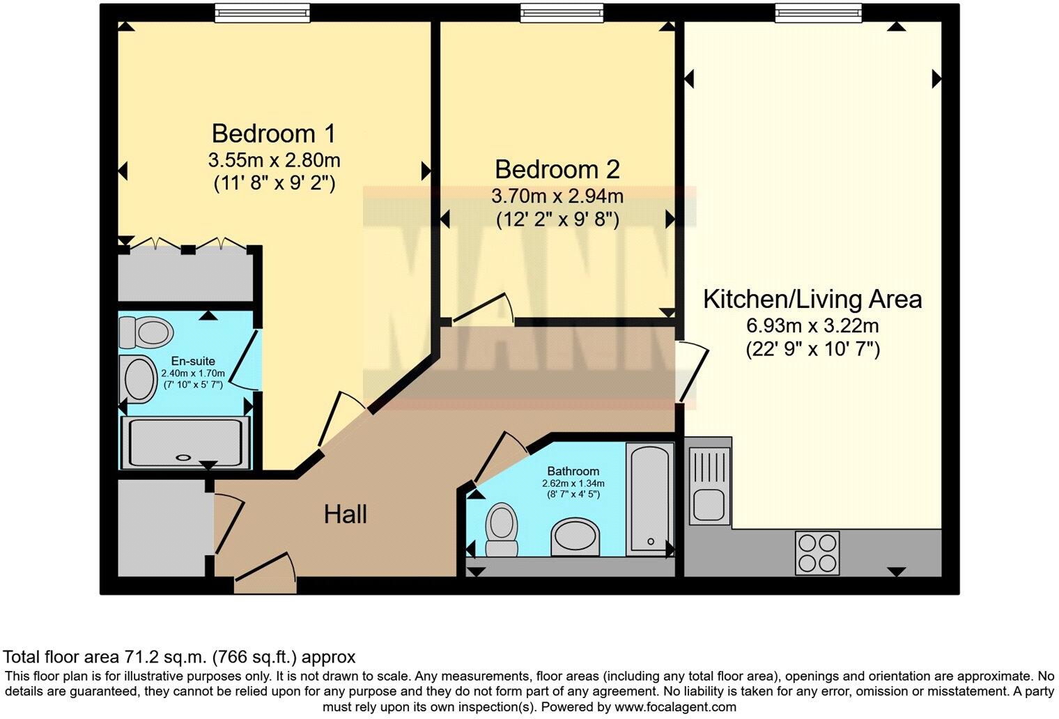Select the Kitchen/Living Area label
(812, 299)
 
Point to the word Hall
(345, 514)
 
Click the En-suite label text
(193, 361)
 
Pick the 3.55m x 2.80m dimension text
(275, 160)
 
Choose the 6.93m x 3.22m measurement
(812, 325)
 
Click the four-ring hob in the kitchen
(817, 552)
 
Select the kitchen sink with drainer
(710, 486)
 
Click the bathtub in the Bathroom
(649, 499)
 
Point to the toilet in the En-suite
(145, 332)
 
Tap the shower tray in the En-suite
(185, 442)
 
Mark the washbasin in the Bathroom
(575, 537)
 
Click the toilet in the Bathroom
(502, 529)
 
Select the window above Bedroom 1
(263, 13)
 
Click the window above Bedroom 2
(562, 13)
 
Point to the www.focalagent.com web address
(675, 707)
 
